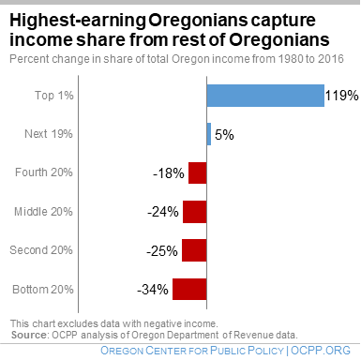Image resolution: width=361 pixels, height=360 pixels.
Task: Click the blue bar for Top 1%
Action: (x=265, y=96)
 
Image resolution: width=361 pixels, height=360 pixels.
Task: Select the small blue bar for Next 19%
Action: (x=208, y=134)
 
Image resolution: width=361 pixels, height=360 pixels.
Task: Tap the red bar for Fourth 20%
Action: (x=197, y=172)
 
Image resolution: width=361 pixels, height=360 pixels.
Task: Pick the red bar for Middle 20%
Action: (x=194, y=211)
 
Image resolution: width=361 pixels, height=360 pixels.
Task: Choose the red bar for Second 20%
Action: (x=193, y=249)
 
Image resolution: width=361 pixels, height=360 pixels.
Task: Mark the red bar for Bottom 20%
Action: (x=188, y=288)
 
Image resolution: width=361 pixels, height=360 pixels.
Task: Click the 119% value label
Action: (x=342, y=96)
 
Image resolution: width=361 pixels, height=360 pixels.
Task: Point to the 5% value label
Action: (x=224, y=135)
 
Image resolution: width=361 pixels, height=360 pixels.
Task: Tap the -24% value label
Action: (x=163, y=212)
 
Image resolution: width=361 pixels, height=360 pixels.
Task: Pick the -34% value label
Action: (x=153, y=289)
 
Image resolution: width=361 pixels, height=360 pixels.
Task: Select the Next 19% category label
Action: (x=51, y=134)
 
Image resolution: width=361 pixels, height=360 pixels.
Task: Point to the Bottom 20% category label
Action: (x=44, y=288)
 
